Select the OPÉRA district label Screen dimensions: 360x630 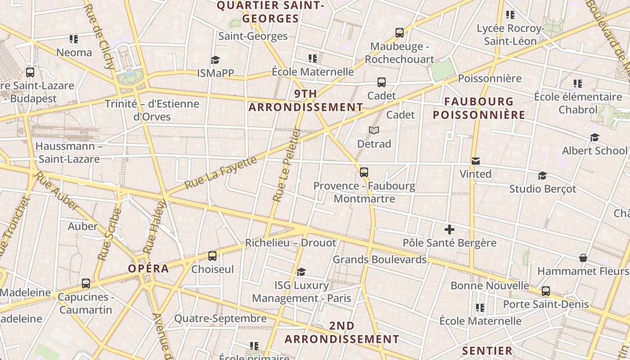(x=148, y=269)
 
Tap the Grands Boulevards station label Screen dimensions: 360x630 (x=379, y=260)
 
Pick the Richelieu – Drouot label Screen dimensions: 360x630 (x=290, y=243)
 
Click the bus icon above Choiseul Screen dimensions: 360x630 (x=212, y=256)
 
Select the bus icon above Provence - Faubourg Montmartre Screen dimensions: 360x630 (x=364, y=172)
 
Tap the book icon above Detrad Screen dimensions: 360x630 (x=374, y=130)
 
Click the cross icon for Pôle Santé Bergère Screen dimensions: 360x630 (x=449, y=230)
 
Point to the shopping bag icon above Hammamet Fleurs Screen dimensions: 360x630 (x=583, y=258)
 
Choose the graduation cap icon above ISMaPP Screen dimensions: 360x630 (x=215, y=60)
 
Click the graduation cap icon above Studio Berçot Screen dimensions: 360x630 (x=542, y=175)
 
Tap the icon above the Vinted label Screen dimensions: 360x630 (x=475, y=161)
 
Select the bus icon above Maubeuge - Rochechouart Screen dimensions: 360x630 (x=399, y=32)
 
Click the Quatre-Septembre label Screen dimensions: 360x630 (x=220, y=319)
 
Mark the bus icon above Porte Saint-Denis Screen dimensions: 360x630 (x=546, y=291)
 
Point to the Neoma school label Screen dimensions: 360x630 (x=74, y=53)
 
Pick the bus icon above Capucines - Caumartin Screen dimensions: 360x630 (x=86, y=283)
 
